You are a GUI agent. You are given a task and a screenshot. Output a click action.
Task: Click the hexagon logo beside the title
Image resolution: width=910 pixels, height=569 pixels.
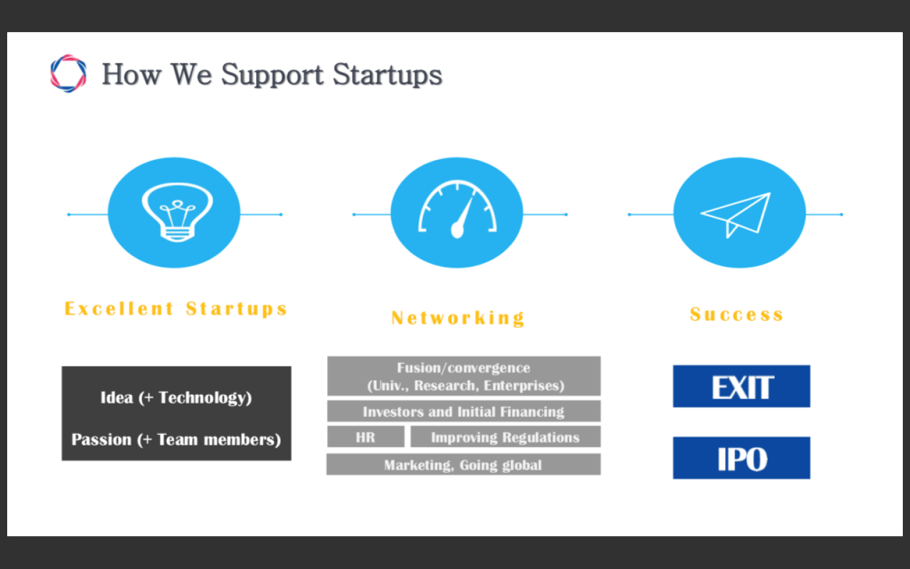click(x=68, y=74)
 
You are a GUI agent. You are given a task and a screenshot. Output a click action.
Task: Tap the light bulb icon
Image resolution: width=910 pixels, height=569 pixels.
click(x=177, y=212)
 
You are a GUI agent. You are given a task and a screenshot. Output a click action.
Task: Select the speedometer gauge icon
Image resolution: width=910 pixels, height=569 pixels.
click(x=458, y=210)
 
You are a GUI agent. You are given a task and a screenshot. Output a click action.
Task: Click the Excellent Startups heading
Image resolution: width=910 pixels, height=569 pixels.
click(x=176, y=309)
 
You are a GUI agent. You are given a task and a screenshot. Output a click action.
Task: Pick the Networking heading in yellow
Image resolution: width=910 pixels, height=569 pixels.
click(x=458, y=317)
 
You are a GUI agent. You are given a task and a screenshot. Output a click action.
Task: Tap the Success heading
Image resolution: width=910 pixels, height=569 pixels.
click(x=737, y=314)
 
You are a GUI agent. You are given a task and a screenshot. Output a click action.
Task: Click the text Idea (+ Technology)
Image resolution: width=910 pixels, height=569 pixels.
click(x=176, y=397)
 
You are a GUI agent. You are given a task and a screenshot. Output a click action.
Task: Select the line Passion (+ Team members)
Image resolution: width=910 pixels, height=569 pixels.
click(x=176, y=439)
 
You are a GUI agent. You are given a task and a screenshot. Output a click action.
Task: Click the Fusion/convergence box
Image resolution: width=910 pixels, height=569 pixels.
click(x=464, y=376)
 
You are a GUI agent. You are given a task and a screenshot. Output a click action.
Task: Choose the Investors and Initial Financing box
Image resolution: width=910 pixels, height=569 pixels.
click(x=464, y=411)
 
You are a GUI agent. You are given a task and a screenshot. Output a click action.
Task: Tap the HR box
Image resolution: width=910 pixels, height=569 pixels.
click(x=365, y=437)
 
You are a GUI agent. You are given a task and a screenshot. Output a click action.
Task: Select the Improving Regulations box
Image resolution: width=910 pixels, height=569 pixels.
click(x=506, y=437)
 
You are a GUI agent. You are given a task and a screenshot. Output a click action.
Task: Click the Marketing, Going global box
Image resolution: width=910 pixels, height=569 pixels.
click(x=464, y=464)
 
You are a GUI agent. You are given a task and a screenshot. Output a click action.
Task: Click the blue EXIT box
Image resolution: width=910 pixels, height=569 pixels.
click(x=741, y=386)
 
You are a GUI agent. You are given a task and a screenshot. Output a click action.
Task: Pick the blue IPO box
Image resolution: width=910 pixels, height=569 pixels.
click(x=741, y=458)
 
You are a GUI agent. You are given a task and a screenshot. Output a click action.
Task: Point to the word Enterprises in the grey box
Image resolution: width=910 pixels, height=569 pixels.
click(x=524, y=386)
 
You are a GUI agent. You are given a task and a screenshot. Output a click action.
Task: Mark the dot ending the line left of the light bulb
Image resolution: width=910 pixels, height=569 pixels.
click(x=69, y=214)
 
